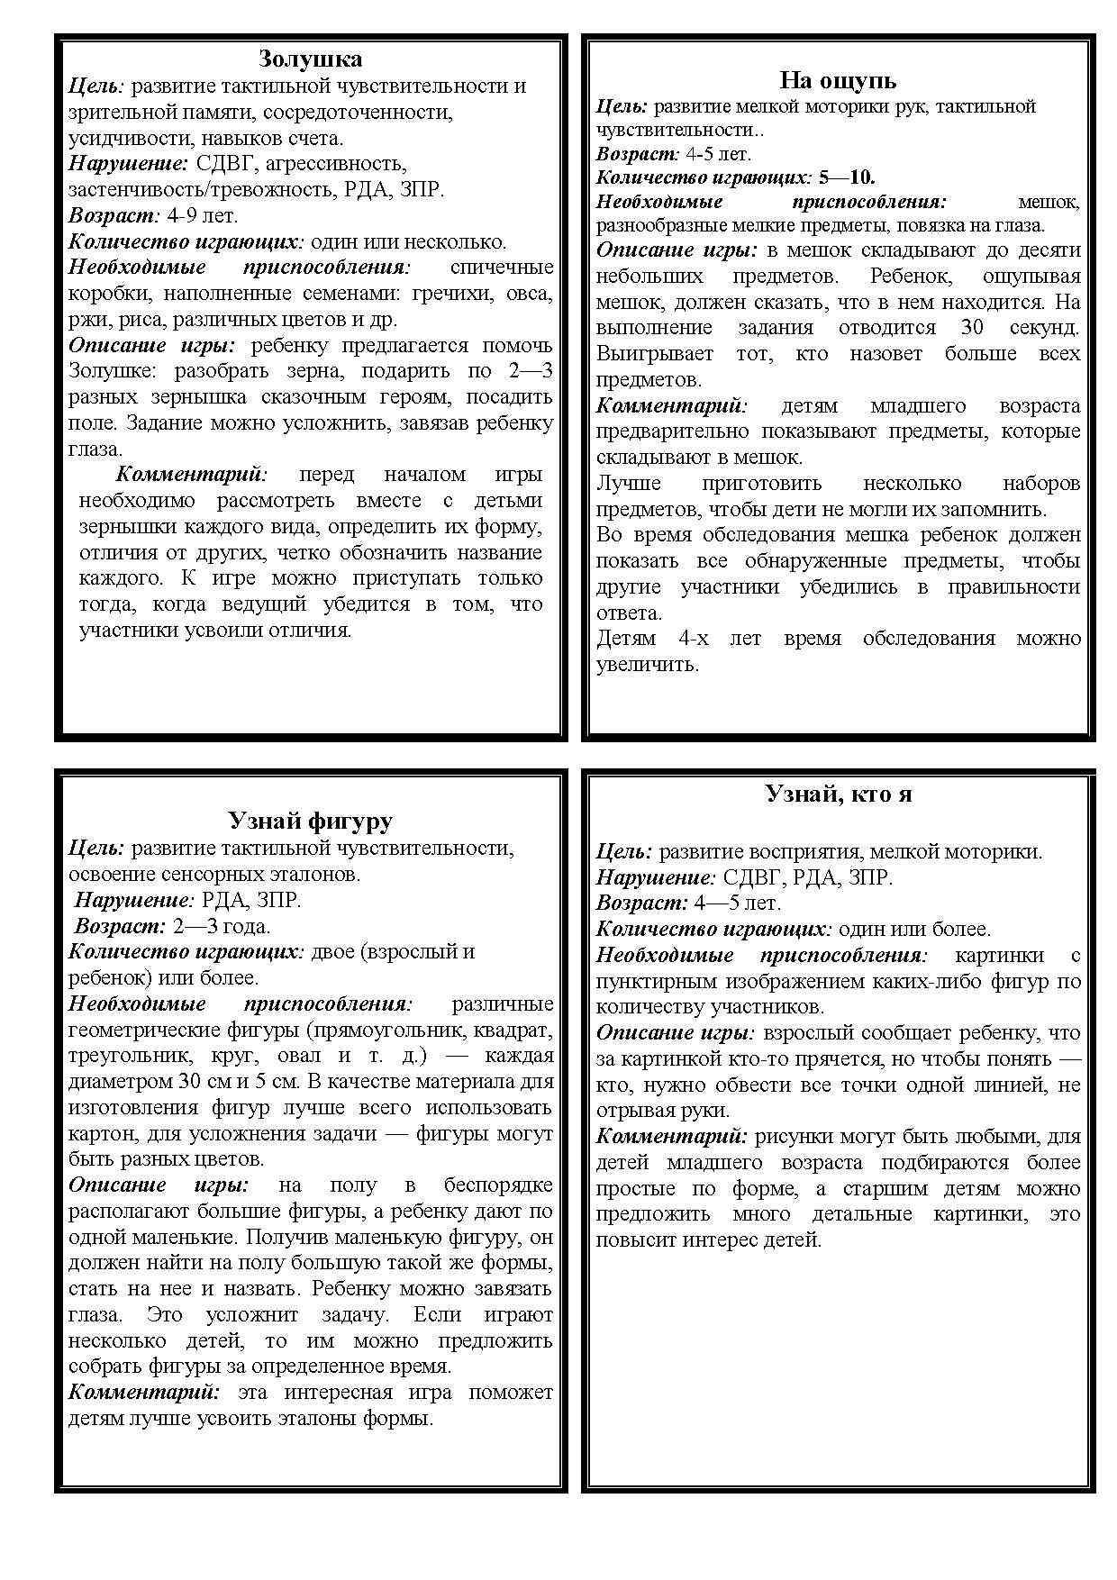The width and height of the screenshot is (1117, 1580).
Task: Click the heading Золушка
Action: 310,59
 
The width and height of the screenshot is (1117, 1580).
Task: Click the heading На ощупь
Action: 837,80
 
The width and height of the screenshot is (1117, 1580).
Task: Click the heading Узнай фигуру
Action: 310,821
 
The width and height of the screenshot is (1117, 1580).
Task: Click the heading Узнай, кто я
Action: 838,794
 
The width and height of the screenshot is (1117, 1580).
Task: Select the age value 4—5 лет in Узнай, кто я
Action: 738,903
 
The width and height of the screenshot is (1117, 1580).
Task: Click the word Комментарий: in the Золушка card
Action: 191,475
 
